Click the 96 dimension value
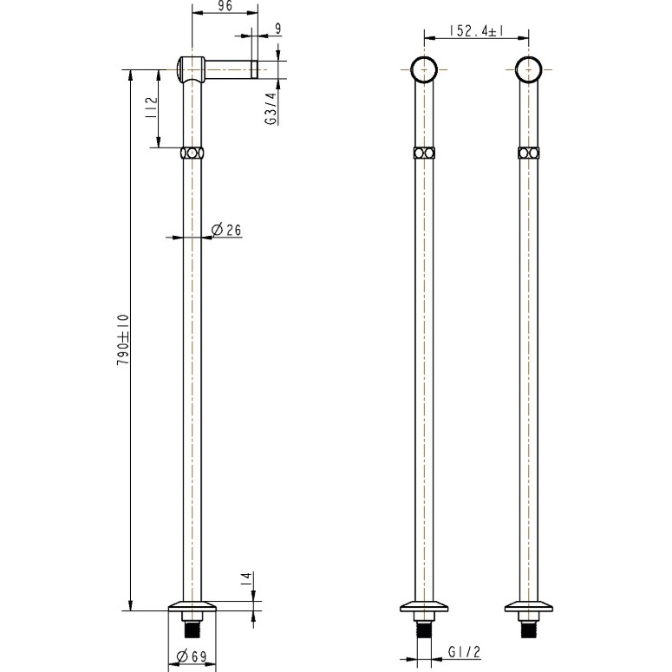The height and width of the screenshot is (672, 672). click(x=225, y=6)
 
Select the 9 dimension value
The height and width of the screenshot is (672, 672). click(x=278, y=29)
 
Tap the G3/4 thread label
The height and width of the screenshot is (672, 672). click(x=271, y=109)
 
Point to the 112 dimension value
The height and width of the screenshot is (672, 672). click(x=151, y=108)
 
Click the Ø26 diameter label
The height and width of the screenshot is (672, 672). click(x=226, y=230)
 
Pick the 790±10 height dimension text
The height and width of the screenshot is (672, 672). click(x=123, y=339)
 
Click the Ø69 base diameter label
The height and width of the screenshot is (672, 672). click(x=192, y=656)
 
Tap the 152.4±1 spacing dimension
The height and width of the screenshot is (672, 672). click(x=477, y=31)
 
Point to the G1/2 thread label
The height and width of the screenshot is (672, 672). click(x=465, y=652)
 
